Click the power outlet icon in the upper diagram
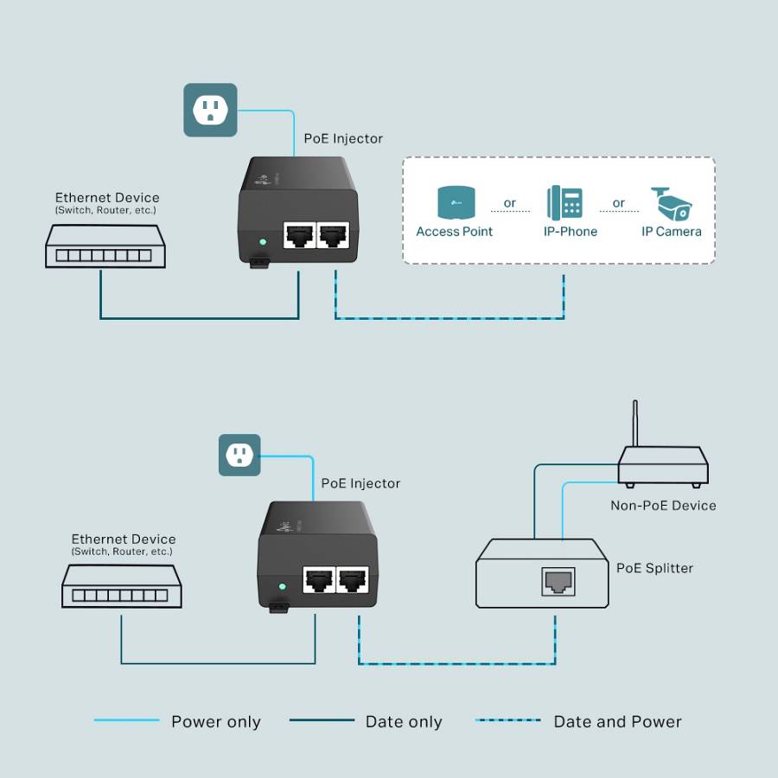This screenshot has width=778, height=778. coord(210,110)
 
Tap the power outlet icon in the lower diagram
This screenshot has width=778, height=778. coord(239,455)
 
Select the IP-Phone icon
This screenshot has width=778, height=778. coord(564,203)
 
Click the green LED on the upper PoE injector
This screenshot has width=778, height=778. coord(261,241)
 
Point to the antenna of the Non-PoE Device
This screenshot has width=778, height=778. coord(635,424)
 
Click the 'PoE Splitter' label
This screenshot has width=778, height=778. coord(654,568)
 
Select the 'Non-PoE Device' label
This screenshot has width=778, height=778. coord(663,506)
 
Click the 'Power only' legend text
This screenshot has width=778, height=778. coord(215,722)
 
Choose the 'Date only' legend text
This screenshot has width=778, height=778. coord(404,722)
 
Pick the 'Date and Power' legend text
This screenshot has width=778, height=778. coord(617,722)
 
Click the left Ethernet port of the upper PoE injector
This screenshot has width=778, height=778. coord(298,235)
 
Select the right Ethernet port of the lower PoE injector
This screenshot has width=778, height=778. coord(354,581)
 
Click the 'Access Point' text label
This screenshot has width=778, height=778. coord(454,232)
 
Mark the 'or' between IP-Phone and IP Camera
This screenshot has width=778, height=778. coord(618,204)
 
